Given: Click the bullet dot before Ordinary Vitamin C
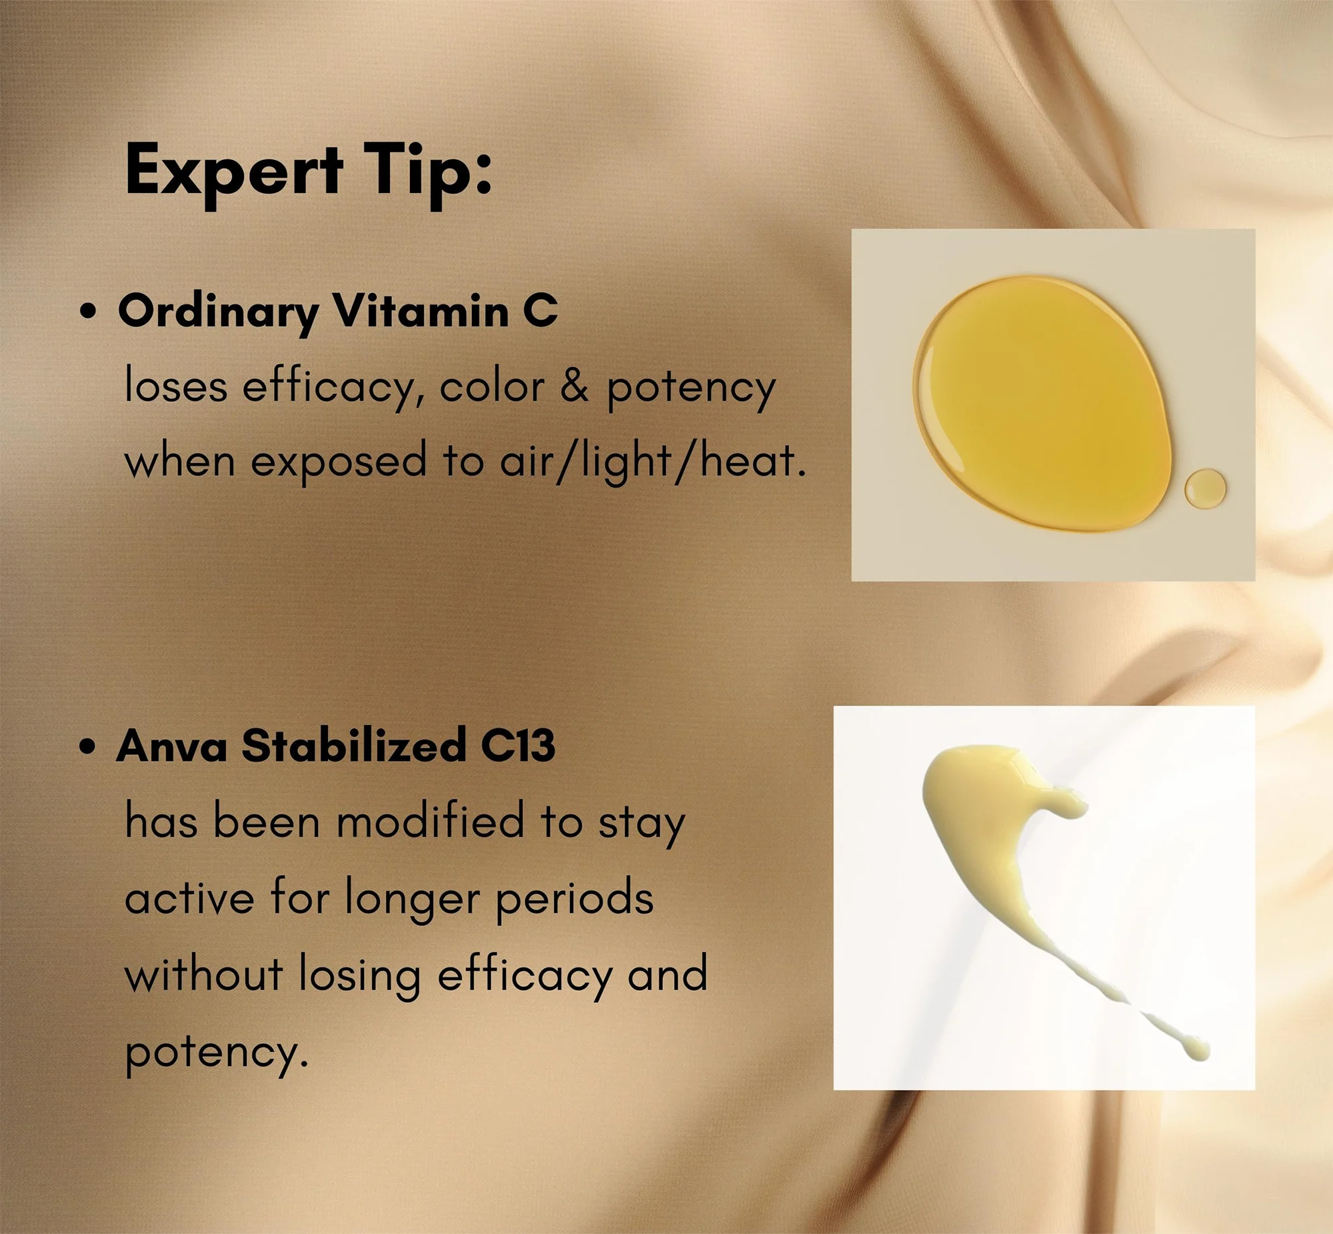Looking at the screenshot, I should pos(87,311).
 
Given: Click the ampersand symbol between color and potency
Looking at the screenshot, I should pos(574,386).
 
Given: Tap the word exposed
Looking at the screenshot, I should pos(339,462).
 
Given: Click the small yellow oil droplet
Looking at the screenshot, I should pos(1206,488).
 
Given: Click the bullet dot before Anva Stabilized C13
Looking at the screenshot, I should pos(87,746).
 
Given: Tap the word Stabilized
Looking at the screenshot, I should pos(354,745).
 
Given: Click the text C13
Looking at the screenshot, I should pos(519,746).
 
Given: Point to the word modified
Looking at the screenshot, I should pos(430,822).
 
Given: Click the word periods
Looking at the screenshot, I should pos(575,900).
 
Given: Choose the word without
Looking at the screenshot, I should pos(204,974).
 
